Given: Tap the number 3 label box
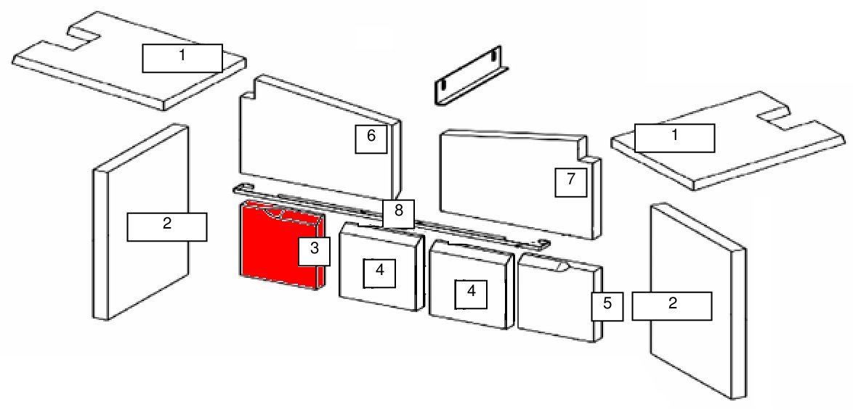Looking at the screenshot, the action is coord(315,251).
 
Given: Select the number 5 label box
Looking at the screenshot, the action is coord(607,306).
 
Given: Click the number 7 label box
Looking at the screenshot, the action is coord(570,182).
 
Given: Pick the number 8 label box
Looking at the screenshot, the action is coord(398,213).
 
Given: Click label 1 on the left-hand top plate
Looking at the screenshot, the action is coord(182,58).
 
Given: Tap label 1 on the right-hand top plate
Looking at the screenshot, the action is coord(674,138).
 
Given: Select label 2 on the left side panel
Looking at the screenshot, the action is coord(167,226).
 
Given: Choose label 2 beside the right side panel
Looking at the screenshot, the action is coord(672,306).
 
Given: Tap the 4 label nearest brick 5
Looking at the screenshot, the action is coord(471,294).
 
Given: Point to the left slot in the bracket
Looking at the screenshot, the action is coord(443,85).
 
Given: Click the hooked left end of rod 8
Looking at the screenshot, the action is coord(240,189).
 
